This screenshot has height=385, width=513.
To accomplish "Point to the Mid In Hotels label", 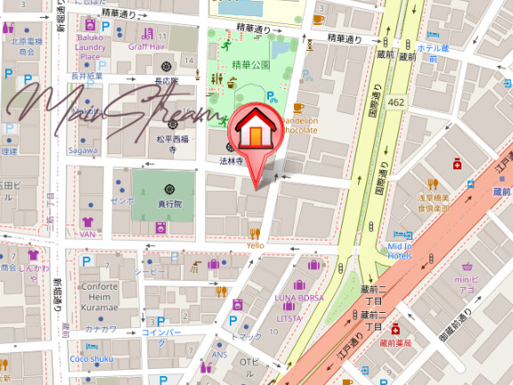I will (x=400, y=251).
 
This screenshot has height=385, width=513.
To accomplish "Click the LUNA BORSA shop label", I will (x=299, y=297).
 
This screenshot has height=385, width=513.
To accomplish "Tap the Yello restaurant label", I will (x=256, y=245).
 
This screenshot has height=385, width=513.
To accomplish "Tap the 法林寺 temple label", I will (x=232, y=161).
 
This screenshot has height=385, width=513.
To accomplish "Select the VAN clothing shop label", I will (x=87, y=233).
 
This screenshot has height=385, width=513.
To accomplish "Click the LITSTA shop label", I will (x=289, y=318).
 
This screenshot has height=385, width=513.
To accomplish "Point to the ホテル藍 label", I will (x=434, y=47).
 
